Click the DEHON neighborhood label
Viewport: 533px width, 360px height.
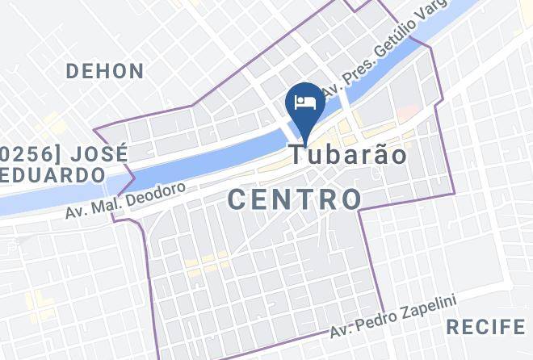pos(105,71)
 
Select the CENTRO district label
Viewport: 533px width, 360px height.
pos(294,199)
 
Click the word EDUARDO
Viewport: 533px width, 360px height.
pos(53,174)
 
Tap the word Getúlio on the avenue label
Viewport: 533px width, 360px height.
pos(401,41)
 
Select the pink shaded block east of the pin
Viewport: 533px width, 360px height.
pos(408,111)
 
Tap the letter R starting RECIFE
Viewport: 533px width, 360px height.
pos(453,327)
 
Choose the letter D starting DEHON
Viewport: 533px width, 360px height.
pos(73,71)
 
